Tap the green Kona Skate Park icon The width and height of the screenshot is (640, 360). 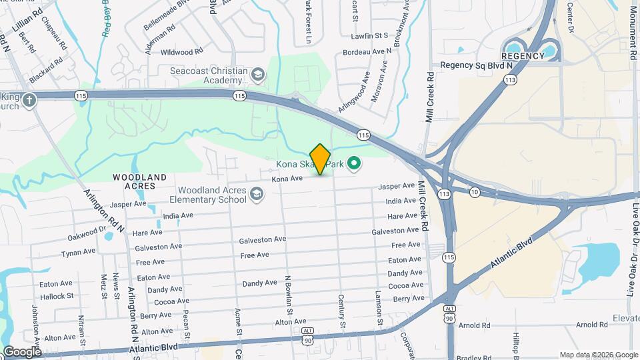[355, 163]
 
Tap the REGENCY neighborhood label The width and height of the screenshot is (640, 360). [523, 57]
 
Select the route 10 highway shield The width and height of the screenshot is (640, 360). [475, 193]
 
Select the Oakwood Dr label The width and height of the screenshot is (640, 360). [87, 235]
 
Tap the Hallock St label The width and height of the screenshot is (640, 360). [57, 296]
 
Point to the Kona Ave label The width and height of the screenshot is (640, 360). [287, 179]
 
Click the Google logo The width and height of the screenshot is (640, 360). [22, 351]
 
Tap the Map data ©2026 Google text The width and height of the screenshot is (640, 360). [598, 355]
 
